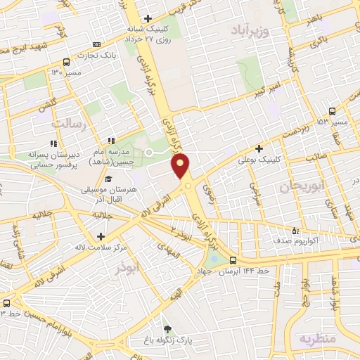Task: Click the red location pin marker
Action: pyautogui.click(x=181, y=166)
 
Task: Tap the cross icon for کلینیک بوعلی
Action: pyautogui.click(x=259, y=148)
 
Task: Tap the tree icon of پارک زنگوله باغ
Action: pyautogui.click(x=167, y=328)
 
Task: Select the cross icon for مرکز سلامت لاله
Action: pyautogui.click(x=102, y=236)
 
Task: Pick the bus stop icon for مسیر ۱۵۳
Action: pyautogui.click(x=333, y=111)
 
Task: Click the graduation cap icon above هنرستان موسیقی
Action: pyautogui.click(x=108, y=180)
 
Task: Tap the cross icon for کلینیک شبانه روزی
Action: pyautogui.click(x=147, y=18)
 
